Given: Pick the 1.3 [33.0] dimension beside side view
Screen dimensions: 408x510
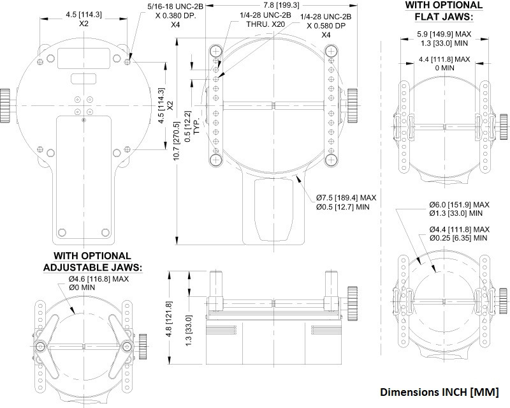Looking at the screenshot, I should pyautogui.click(x=188, y=328).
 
